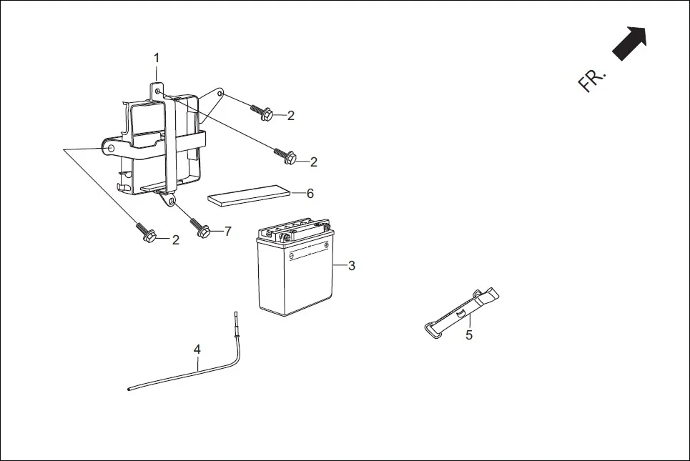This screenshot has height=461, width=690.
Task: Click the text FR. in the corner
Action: tap(591, 80)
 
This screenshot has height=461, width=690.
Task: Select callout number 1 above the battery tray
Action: tap(157, 57)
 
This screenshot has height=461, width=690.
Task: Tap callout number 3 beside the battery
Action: tap(351, 266)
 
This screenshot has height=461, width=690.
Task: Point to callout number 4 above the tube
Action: tap(197, 349)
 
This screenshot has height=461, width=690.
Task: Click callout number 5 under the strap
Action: tap(469, 334)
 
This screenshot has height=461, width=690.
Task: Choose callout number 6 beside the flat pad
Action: tap(310, 193)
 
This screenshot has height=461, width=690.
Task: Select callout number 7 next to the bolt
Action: tap(227, 231)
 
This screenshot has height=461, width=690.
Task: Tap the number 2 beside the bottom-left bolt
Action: tap(175, 240)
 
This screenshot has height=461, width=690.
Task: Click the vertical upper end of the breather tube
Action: tap(236, 322)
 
